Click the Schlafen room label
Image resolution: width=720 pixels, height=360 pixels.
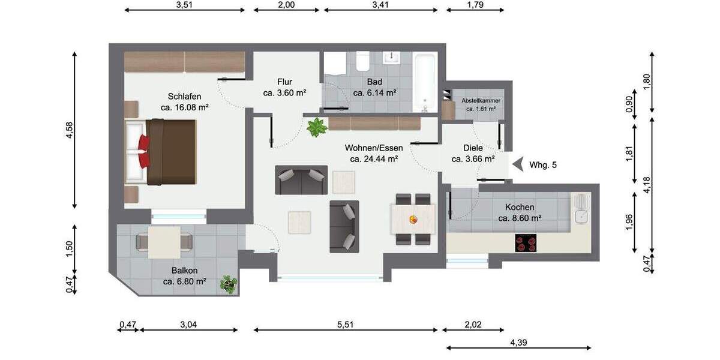pyautogui.click(x=184, y=97)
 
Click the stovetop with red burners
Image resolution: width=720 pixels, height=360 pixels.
pyautogui.click(x=526, y=244)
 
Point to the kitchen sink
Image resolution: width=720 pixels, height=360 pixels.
pyautogui.click(x=581, y=208)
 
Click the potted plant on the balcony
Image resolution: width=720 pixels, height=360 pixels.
pyautogui.click(x=228, y=283)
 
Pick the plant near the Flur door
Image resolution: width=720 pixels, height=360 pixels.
pyautogui.click(x=316, y=127)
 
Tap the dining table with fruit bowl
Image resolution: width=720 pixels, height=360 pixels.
pyautogui.click(x=413, y=219)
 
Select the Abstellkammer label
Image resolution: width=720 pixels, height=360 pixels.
pyautogui.click(x=481, y=101)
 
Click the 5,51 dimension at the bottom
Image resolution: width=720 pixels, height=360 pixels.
pyautogui.click(x=345, y=325)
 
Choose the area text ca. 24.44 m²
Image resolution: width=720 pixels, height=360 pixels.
pyautogui.click(x=374, y=159)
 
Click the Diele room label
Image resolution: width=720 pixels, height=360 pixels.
pyautogui.click(x=473, y=148)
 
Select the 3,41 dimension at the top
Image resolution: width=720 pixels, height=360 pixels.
pyautogui.click(x=381, y=5)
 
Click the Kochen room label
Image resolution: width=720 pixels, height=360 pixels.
pyautogui.click(x=520, y=207)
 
